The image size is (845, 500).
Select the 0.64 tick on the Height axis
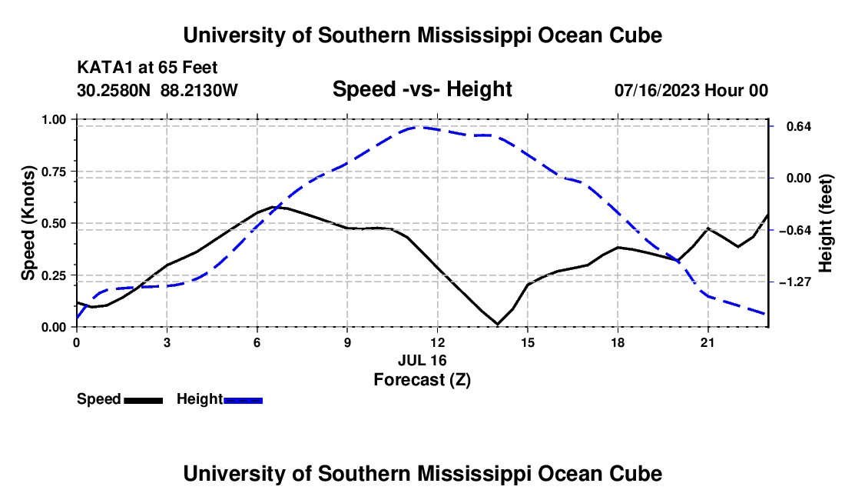pos(799,127)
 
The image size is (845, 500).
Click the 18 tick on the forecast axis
pos(618,342)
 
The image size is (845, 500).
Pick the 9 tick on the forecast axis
pos(347,342)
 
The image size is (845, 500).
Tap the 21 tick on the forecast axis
pos(707,342)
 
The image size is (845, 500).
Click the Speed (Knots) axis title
pos(28,223)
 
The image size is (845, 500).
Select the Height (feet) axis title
pos(826,223)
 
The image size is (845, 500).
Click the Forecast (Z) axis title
pos(422,380)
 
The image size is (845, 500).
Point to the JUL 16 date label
pos(422,360)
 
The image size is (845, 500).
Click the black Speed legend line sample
pos(144,400)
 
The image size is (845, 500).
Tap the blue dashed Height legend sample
pos(243,400)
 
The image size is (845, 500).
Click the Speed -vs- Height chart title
pos(422,89)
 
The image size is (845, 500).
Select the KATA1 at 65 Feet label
pos(147,68)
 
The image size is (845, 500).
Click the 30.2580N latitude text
pos(114,90)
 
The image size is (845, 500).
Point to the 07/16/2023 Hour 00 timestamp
pos(691,90)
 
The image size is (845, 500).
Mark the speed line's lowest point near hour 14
pos(498,324)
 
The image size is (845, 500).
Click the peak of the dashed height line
pos(419,127)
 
